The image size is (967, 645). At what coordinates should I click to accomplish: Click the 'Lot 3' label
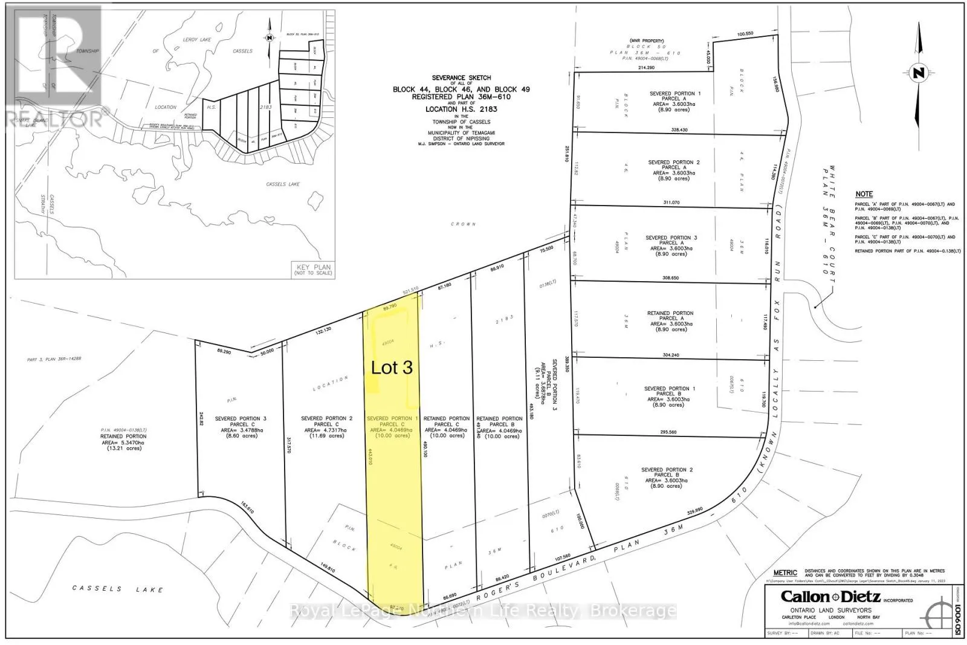[392, 367]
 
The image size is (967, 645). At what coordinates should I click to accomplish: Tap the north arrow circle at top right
[919, 74]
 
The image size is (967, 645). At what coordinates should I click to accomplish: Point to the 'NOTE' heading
[864, 194]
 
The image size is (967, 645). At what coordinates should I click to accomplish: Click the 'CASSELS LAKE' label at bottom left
[117, 589]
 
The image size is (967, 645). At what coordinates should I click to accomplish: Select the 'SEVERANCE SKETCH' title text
[461, 78]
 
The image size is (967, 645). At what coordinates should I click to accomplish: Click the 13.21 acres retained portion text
[123, 449]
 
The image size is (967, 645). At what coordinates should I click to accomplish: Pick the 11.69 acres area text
[326, 435]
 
